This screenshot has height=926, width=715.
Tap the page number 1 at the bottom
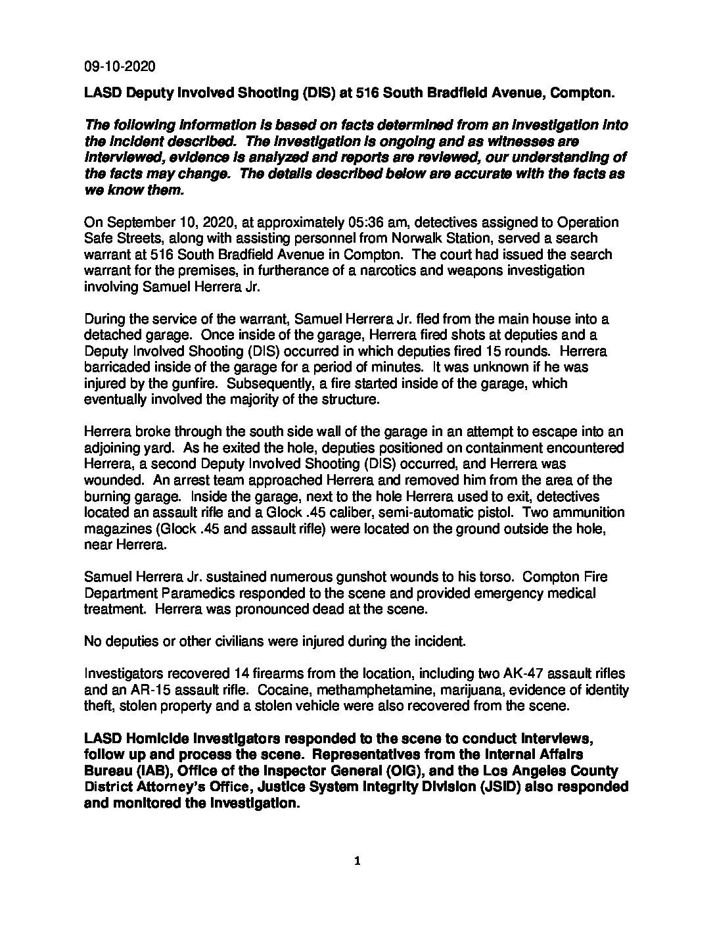(357, 862)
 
